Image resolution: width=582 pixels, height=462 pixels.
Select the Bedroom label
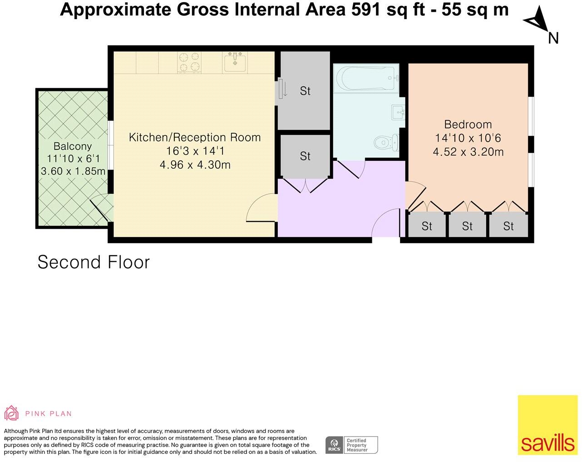point(468,124)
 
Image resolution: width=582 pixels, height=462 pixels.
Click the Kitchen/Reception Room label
point(195,137)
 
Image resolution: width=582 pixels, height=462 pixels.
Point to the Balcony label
point(73,146)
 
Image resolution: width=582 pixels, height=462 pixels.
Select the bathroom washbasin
point(398,111)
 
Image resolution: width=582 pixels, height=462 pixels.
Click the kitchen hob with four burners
point(189,63)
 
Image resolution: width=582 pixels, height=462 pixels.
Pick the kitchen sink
point(235,62)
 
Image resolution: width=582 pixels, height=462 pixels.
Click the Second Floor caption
point(94,262)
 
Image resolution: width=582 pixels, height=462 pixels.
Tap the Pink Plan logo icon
point(11,413)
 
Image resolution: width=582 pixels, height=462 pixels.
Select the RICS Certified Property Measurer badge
point(351,445)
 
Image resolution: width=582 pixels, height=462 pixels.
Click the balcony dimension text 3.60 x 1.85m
point(73,171)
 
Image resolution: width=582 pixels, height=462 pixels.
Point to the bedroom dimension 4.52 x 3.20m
point(468,152)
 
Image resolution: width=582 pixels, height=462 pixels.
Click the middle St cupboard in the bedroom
point(467,226)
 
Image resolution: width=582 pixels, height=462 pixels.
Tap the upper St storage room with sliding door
point(305,91)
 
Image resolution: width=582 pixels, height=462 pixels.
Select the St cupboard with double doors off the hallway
point(305,156)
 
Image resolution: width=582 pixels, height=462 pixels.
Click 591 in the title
point(367,9)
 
